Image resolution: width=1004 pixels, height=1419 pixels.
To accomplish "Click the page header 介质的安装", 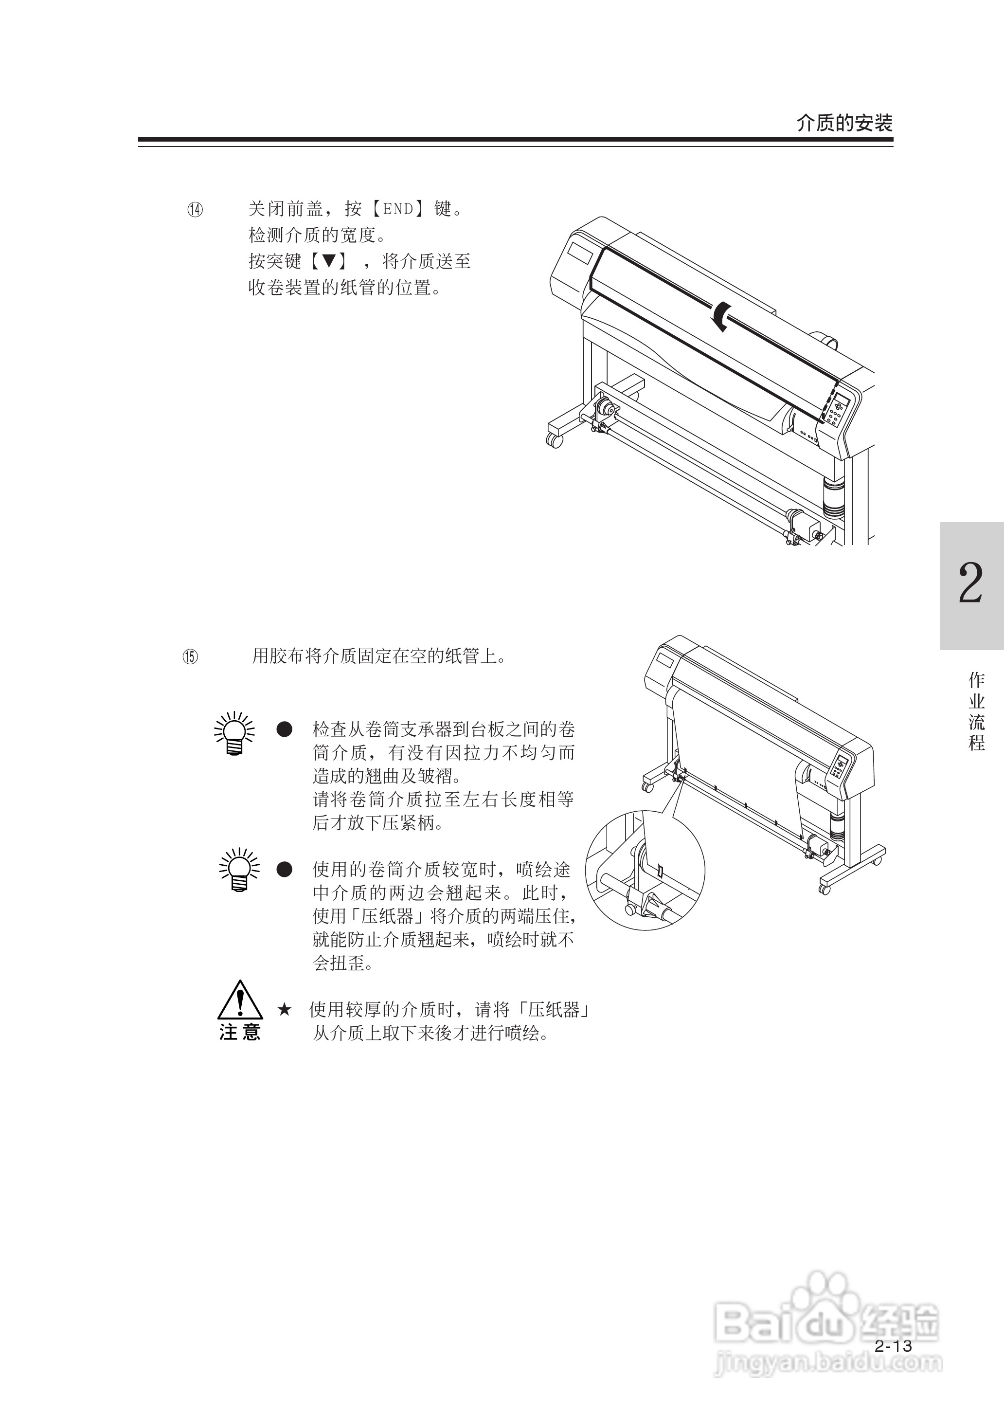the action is coord(844,123).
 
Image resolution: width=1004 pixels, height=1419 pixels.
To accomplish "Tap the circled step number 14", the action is coord(196,210).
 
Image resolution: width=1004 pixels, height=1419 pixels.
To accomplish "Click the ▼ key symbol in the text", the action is coord(329,261).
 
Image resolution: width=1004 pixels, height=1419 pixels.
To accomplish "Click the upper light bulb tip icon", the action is coord(234,733).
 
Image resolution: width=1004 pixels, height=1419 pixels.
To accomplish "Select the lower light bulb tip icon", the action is coord(239,869).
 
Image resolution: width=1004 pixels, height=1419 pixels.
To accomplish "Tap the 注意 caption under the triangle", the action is coord(240,1032).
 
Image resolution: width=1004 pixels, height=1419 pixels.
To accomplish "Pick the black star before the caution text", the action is coord(285,1010).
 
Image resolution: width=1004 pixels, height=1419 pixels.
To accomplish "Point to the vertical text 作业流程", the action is coord(976,711).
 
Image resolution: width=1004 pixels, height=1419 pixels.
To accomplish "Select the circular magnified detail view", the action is coord(645,871).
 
